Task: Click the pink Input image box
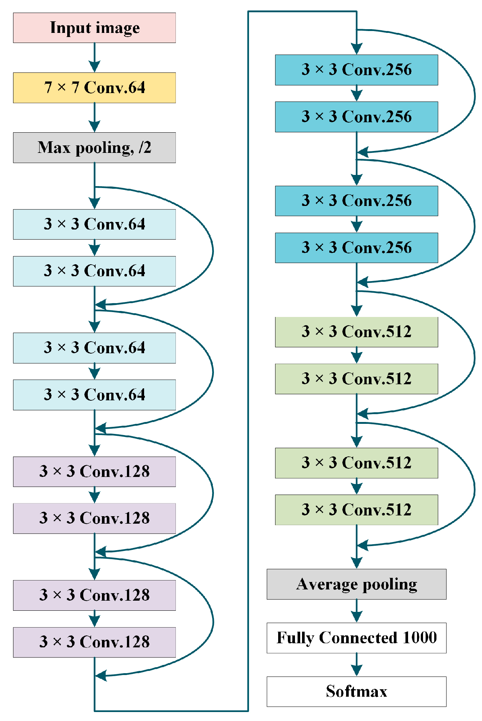coord(94,28)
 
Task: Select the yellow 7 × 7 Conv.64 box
coord(94,88)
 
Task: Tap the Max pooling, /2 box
coord(94,148)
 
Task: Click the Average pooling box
coord(356,584)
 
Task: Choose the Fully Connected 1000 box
coord(356,638)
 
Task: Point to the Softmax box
coord(356,691)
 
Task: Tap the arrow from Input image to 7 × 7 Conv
coord(94,58)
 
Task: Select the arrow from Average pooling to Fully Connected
coord(357,611)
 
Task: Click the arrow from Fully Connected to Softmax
coord(357,665)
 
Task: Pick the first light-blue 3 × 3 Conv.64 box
coord(94,224)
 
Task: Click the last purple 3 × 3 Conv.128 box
coord(94,642)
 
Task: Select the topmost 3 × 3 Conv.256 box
coord(356,70)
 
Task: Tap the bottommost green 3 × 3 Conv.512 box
coord(356,510)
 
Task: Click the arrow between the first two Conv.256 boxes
coord(357,93)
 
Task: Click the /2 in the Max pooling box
coord(145,148)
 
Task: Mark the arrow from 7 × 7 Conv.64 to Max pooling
coord(94,117)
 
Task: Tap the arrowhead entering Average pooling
coord(357,563)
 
